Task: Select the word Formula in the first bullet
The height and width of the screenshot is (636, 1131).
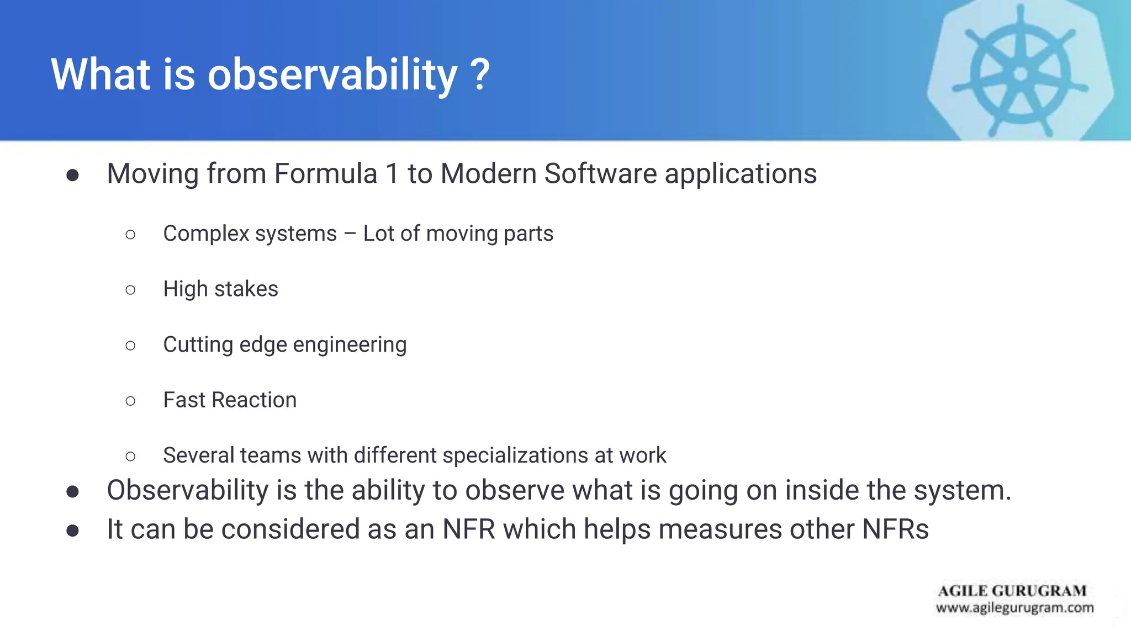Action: (x=325, y=174)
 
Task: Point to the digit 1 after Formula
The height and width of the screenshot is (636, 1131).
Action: (x=392, y=174)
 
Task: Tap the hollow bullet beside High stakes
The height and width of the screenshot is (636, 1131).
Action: (x=130, y=290)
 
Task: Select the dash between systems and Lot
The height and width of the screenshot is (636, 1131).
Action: (x=350, y=234)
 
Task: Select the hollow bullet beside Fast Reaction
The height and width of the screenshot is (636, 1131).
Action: (x=130, y=401)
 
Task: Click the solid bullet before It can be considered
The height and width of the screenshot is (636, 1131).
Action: (x=72, y=531)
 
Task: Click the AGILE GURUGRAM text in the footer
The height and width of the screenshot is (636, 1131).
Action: (x=1012, y=591)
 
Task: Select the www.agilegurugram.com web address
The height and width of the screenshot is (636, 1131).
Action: (x=1014, y=608)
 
